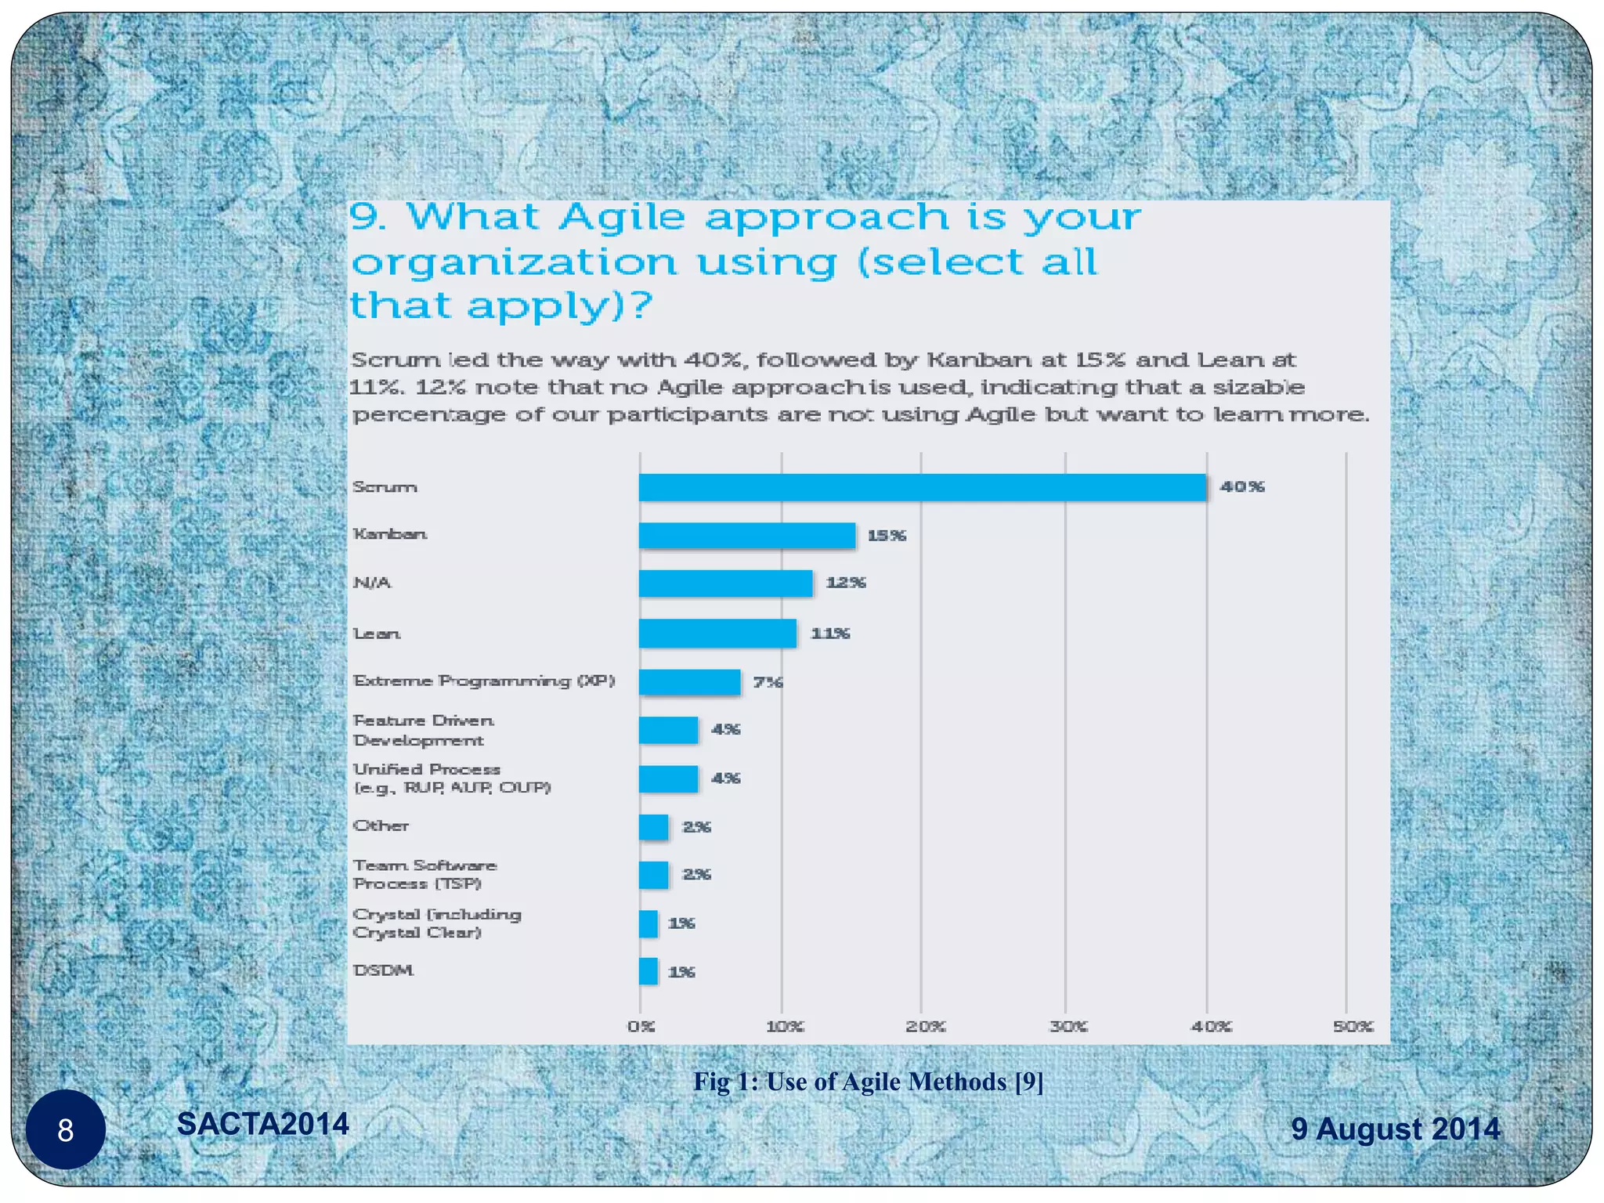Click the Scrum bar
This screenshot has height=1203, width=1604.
[x=922, y=487]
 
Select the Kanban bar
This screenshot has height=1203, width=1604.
[x=746, y=536]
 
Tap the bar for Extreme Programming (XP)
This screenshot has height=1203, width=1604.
[x=689, y=682]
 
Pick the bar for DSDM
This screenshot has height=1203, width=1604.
[x=648, y=971]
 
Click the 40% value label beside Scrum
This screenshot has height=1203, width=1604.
[x=1242, y=486]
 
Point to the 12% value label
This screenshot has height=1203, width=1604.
[x=846, y=583]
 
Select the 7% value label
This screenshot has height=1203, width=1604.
[x=768, y=682]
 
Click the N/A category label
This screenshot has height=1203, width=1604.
[x=372, y=583]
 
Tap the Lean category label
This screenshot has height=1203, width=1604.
[x=377, y=633]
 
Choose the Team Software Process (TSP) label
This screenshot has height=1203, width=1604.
[x=424, y=874]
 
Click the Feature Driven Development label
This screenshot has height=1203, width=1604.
[x=423, y=730]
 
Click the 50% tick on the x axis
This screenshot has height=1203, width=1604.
[x=1353, y=1026]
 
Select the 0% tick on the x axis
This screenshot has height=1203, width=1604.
[x=641, y=1026]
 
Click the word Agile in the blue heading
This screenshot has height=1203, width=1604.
[x=622, y=217]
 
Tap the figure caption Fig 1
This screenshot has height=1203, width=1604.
[x=868, y=1082]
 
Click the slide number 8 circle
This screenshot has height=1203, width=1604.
[x=66, y=1129]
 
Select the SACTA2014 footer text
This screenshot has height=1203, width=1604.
[x=263, y=1124]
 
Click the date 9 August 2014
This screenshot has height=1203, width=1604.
[x=1395, y=1129]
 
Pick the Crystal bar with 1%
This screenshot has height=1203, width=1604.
[x=648, y=923]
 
